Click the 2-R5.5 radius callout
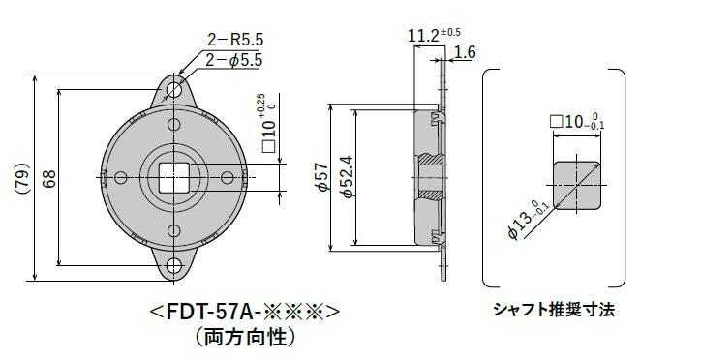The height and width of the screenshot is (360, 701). [x=235, y=41]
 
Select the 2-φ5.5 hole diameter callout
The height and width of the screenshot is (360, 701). [x=234, y=60]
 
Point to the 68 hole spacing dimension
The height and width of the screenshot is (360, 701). [x=49, y=178]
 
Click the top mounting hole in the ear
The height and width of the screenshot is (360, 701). [x=174, y=90]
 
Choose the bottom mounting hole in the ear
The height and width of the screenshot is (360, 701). [x=174, y=267]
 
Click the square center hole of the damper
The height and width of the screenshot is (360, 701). [x=174, y=178]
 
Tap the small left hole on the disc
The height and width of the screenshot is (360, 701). [x=121, y=178]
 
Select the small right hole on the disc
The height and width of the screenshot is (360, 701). [x=228, y=178]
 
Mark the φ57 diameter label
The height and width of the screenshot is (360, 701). [x=322, y=178]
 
